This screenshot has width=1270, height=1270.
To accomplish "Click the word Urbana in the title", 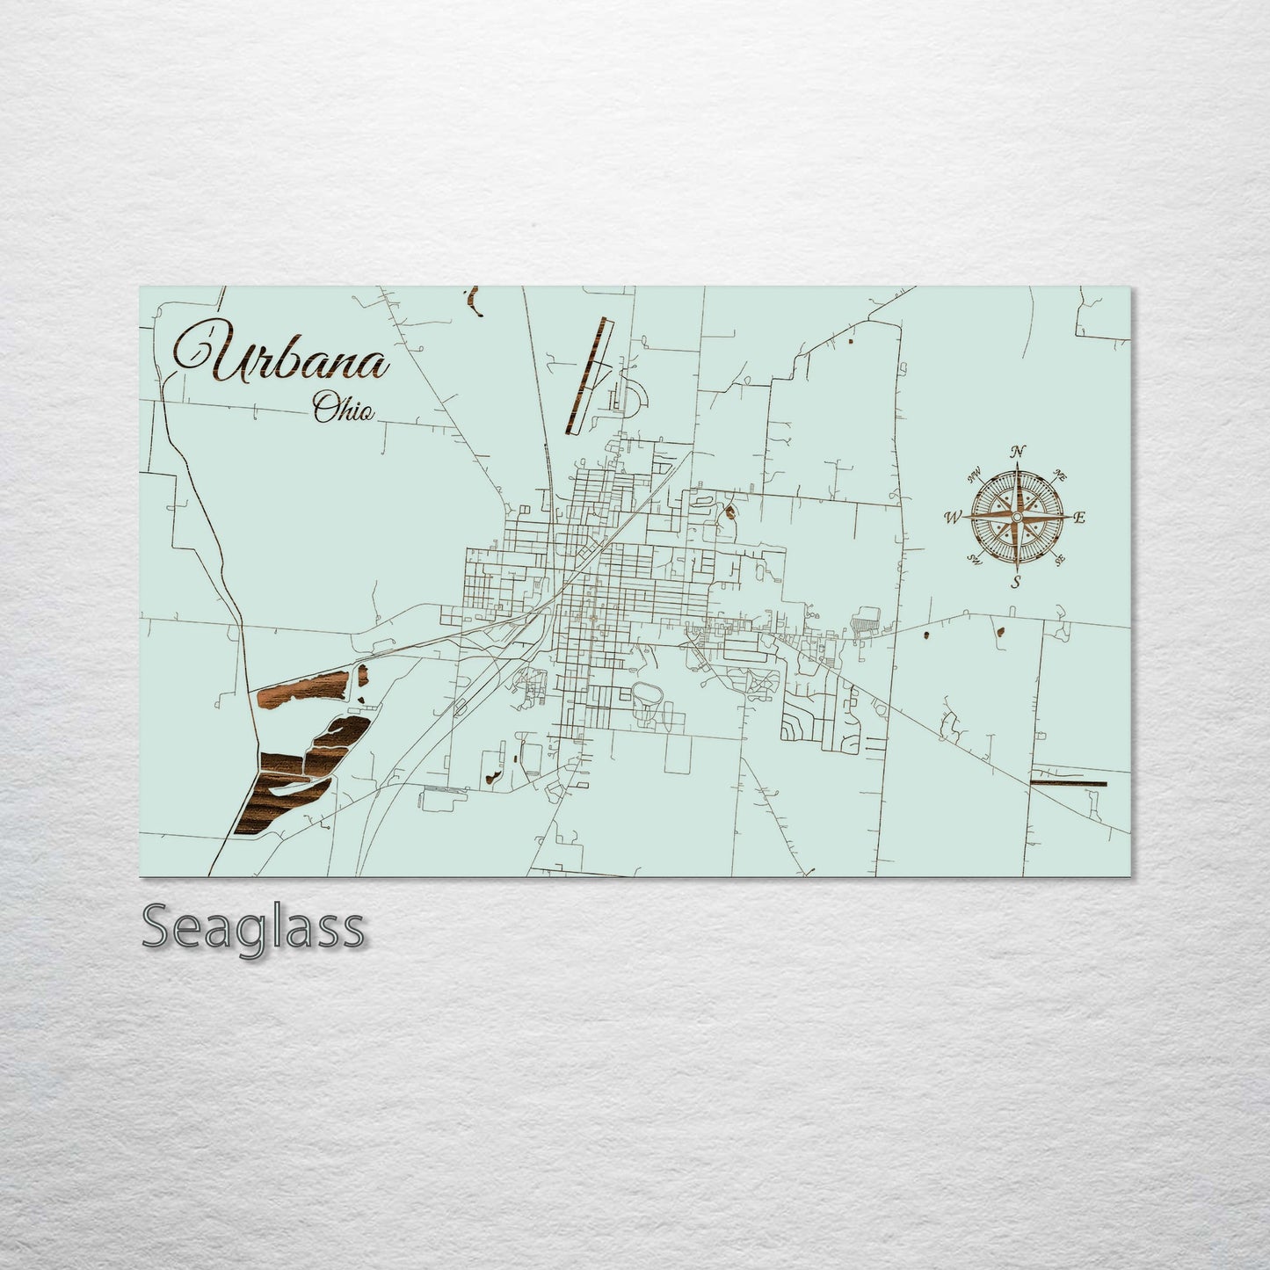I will coord(282,357).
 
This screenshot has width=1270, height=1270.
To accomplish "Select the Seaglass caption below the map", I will coord(252,927).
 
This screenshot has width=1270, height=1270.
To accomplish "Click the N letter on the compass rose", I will coord(1018,452).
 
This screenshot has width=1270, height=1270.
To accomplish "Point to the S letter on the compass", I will coord(1016,582).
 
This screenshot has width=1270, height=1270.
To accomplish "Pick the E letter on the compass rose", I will coord(1080,518).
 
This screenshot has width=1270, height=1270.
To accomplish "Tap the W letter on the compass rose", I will coord(952,518).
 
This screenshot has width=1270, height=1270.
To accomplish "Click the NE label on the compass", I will coord(1061,477).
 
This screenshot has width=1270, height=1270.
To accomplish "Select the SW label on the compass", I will coord(974,559).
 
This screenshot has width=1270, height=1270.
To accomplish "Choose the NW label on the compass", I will coord(974,477).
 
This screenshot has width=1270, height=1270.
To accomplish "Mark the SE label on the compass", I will coord(1060,559).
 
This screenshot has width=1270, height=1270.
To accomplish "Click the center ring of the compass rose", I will coord(1017,518).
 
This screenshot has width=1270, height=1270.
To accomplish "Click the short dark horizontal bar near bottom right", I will coord(1068,782).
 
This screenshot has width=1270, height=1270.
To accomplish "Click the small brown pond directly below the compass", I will coord(1001,630).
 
